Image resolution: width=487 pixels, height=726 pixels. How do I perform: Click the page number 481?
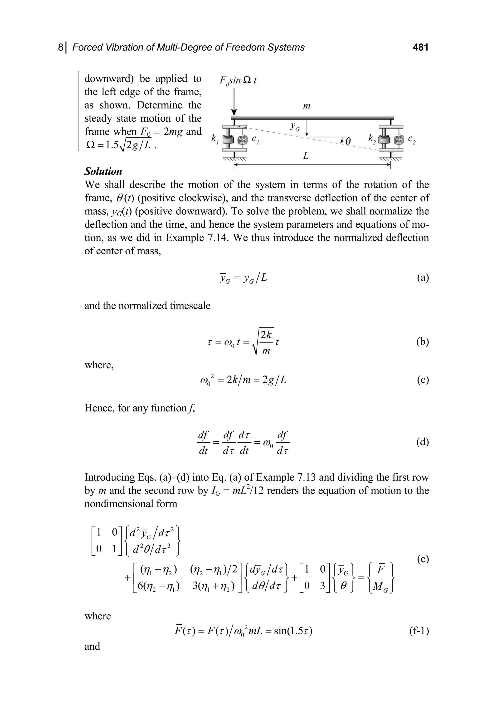coord(420,47)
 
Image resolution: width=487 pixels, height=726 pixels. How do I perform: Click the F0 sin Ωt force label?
coord(238,80)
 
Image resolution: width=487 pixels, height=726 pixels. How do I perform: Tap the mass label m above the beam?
coord(307,106)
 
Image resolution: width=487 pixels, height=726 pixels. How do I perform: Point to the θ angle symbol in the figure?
coord(348,141)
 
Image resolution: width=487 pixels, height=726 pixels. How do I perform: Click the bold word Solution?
coord(103,171)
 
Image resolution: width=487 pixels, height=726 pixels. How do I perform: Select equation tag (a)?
coord(423,277)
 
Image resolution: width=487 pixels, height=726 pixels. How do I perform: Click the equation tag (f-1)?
coord(419,631)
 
